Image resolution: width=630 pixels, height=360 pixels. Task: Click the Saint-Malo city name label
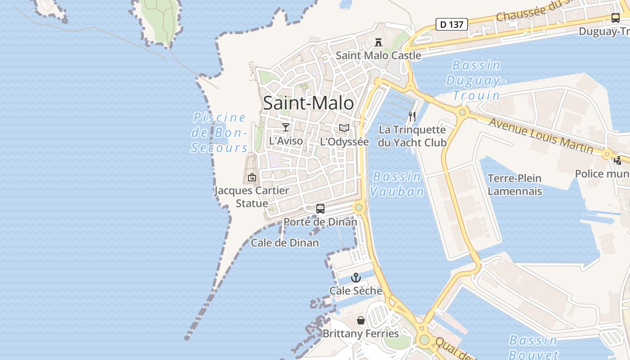[308, 103]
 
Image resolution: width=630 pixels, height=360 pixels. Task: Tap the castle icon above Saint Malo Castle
[378, 42]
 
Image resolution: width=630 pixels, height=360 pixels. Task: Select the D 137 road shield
[452, 24]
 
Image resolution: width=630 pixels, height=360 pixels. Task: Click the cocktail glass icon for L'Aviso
[285, 127]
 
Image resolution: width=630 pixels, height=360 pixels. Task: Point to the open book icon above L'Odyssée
[344, 128]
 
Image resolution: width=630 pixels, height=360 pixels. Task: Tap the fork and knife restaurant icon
[412, 117]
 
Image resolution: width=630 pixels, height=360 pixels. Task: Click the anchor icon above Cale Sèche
[356, 278]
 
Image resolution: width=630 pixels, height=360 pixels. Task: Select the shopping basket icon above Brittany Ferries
[360, 320]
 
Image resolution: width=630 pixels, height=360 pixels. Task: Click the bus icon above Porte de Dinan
[320, 209]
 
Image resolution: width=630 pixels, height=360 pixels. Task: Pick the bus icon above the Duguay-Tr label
[615, 18]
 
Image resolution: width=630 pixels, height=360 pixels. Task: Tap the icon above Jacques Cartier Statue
[252, 177]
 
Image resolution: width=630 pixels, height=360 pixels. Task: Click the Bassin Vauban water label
[397, 184]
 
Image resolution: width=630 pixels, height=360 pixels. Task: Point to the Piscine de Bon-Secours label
[220, 132]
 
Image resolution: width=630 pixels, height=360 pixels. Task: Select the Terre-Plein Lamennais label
[514, 184]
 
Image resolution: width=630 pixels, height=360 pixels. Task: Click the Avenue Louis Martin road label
[540, 135]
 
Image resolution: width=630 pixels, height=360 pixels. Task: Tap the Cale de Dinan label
[285, 243]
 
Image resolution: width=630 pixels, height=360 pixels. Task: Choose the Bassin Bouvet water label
[533, 347]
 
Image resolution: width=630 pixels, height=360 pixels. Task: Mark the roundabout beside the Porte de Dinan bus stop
[359, 207]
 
